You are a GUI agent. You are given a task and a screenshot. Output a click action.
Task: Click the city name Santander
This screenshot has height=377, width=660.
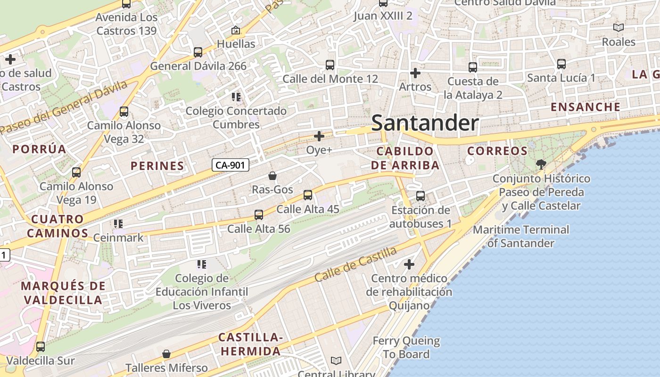click(425, 123)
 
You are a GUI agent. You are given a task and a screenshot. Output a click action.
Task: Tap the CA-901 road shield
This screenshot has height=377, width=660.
click(230, 165)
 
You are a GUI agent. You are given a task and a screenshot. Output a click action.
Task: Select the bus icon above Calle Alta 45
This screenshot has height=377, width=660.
click(308, 195)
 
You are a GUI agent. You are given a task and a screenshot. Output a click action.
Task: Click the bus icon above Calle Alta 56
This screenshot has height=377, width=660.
click(258, 215)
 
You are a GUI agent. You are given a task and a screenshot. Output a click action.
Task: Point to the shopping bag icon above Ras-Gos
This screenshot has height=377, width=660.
click(272, 176)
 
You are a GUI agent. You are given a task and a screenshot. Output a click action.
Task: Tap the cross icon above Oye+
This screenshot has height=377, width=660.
click(319, 137)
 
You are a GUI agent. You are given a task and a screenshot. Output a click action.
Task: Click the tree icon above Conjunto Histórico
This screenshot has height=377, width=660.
click(541, 164)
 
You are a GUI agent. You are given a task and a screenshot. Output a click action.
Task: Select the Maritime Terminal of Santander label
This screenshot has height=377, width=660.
click(520, 237)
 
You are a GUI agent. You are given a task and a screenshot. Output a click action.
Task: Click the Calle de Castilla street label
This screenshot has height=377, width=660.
click(355, 264)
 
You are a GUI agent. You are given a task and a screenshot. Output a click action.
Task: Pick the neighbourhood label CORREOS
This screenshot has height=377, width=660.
click(497, 151)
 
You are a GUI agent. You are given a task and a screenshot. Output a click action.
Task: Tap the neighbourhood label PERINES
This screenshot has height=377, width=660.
click(157, 166)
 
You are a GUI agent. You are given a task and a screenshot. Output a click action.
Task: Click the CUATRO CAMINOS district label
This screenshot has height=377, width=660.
click(57, 226)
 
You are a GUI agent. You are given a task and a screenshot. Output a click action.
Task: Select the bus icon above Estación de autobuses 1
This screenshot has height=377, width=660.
click(421, 196)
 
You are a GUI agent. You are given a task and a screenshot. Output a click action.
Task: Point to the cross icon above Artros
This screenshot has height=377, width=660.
click(415, 73)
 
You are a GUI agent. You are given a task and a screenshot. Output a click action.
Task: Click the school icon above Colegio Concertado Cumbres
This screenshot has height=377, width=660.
click(236, 97)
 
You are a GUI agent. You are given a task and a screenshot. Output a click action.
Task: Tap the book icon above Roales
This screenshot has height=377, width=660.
click(619, 28)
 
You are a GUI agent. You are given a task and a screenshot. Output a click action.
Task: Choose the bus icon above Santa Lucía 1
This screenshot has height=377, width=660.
click(561, 64)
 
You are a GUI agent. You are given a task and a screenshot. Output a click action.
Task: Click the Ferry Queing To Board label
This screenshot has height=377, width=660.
click(406, 347)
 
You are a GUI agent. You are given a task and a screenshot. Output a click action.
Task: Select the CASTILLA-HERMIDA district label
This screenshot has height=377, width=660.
click(250, 344)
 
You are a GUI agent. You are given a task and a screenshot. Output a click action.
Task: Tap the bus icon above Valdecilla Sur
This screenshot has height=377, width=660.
click(41, 347)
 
